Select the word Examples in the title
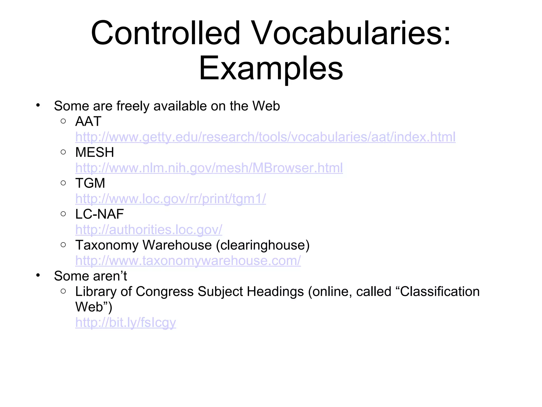click(271, 68)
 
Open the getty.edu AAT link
click(265, 137)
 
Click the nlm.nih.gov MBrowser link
click(209, 168)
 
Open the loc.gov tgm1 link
click(170, 199)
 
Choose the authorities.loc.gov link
click(148, 230)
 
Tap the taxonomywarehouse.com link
click(188, 261)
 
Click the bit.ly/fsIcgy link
click(125, 322)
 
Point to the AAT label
click(88, 122)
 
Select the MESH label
click(94, 152)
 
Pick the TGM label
click(90, 183)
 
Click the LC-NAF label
click(99, 214)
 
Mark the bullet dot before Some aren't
click(38, 276)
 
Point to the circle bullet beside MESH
click(63, 152)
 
